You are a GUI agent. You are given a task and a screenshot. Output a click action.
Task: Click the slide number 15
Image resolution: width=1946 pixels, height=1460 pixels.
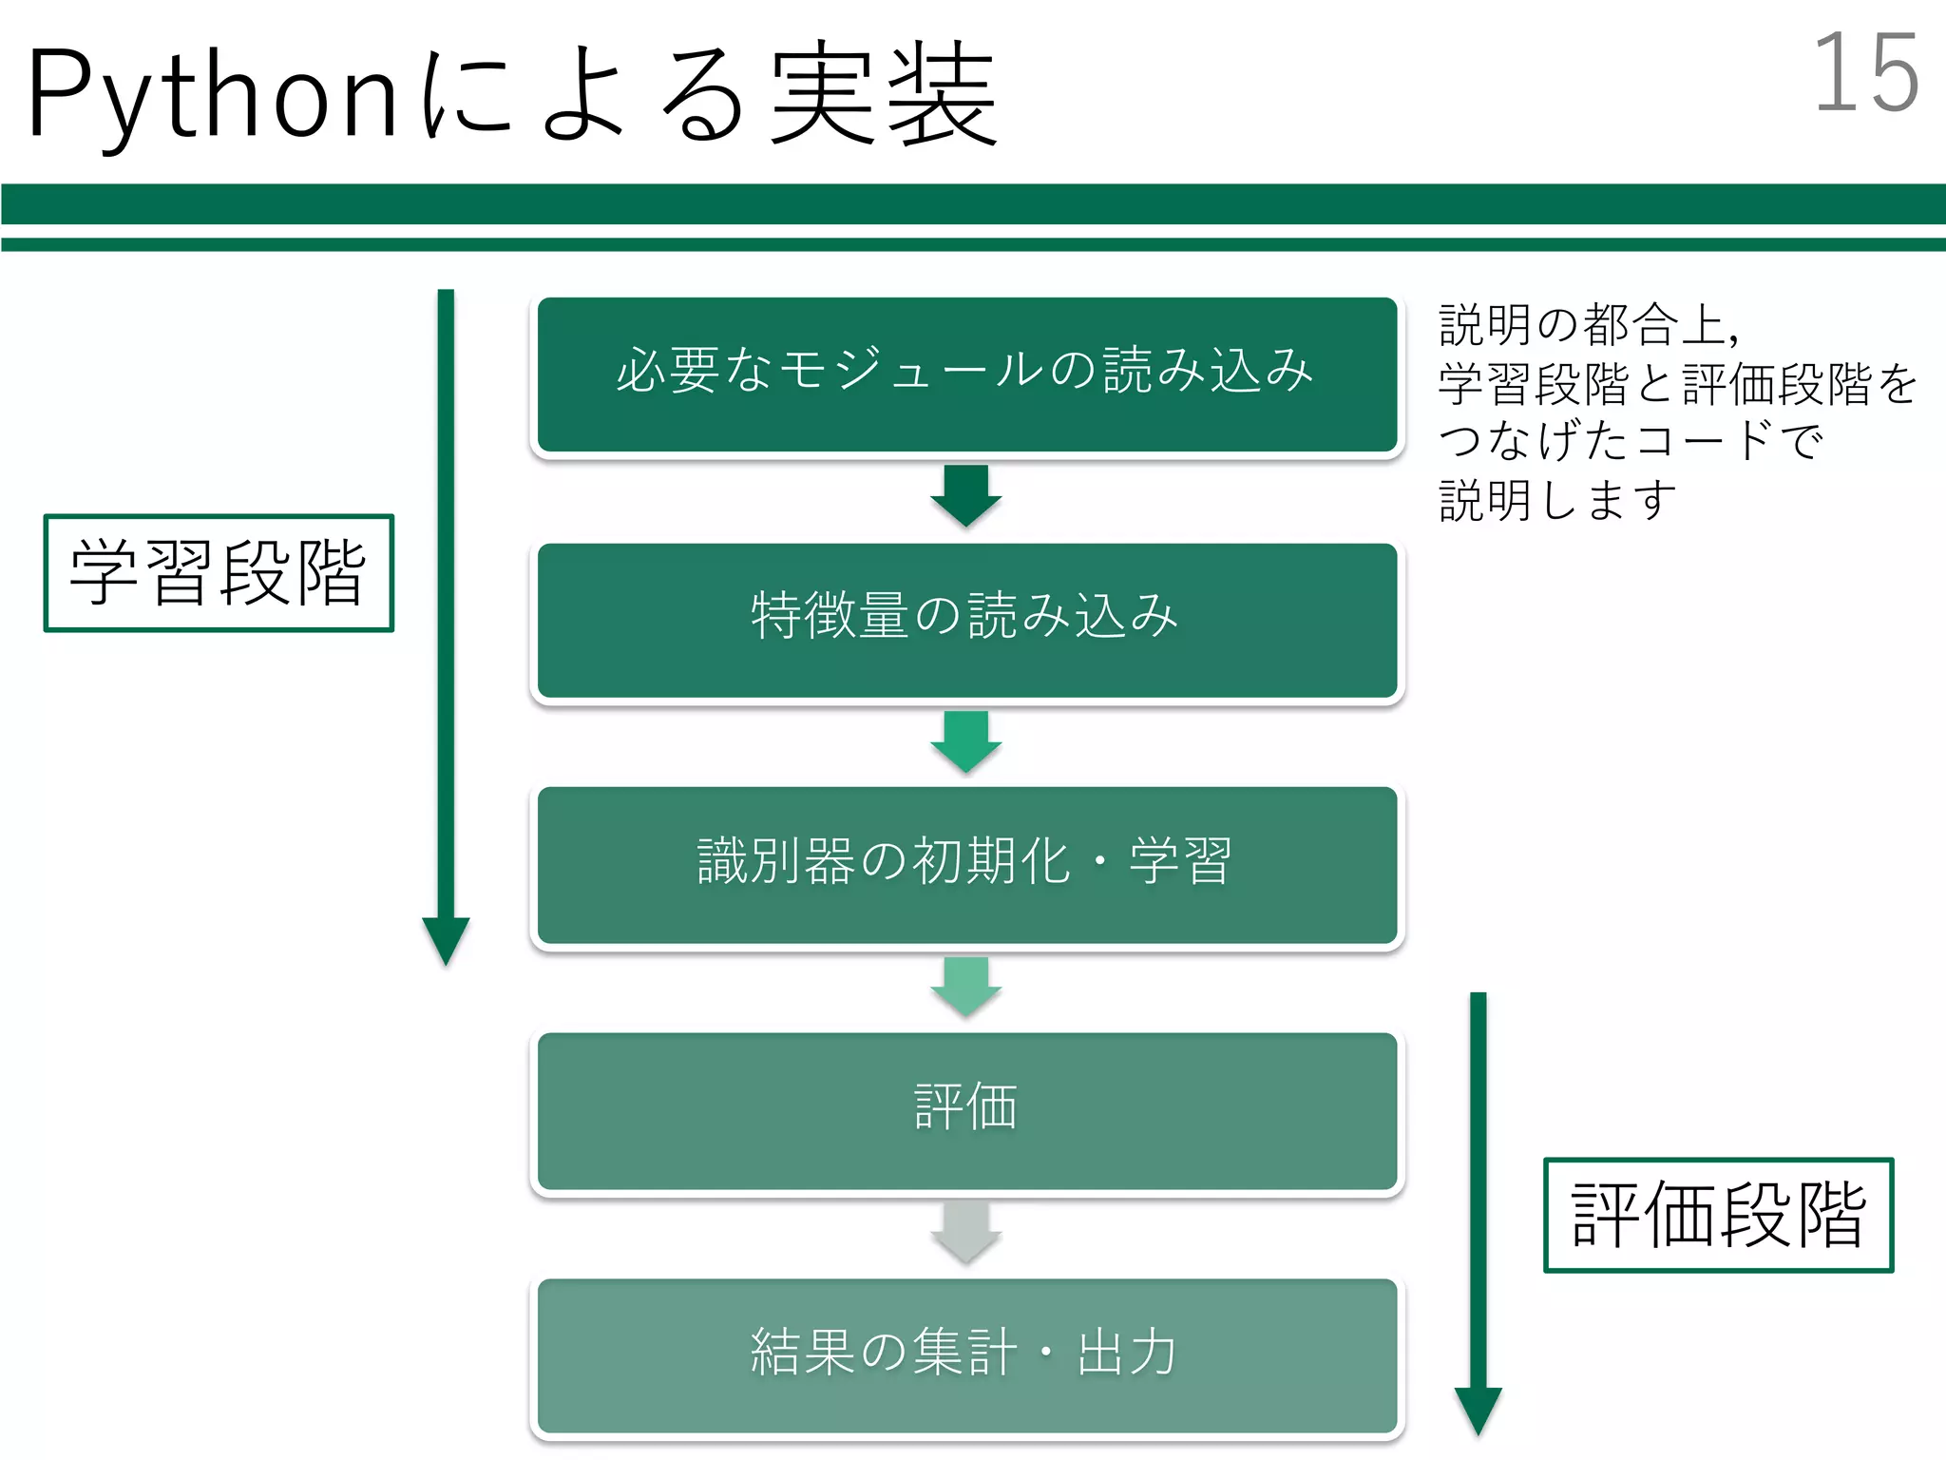[x=1865, y=73]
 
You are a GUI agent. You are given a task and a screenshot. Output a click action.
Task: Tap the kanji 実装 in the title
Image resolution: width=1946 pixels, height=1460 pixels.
[x=884, y=95]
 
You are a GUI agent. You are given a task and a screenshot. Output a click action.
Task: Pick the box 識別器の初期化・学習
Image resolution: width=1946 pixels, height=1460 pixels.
[x=966, y=864]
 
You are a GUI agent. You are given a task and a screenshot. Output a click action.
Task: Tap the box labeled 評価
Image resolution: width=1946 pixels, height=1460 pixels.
[x=966, y=1109]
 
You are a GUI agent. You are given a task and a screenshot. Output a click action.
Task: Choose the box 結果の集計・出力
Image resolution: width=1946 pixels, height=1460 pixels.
[x=966, y=1354]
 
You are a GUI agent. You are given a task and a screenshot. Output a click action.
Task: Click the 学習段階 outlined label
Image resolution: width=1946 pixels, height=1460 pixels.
[x=219, y=572]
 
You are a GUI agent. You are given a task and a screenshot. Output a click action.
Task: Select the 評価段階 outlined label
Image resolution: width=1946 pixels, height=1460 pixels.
[x=1718, y=1215]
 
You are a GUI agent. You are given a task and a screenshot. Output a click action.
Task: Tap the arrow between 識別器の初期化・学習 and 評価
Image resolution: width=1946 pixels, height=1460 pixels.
[x=966, y=987]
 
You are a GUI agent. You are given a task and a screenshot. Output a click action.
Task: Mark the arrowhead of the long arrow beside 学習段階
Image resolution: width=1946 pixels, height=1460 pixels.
[x=446, y=938]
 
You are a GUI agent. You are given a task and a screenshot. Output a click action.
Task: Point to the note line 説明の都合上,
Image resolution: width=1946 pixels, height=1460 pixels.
[x=1589, y=325]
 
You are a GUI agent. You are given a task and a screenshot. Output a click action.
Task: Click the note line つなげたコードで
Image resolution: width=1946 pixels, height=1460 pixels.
[x=1631, y=441]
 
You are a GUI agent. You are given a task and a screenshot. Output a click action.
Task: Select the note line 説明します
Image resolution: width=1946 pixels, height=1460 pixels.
[x=1558, y=500]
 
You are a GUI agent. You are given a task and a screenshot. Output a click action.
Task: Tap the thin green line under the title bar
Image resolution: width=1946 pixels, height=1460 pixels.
[x=973, y=244]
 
